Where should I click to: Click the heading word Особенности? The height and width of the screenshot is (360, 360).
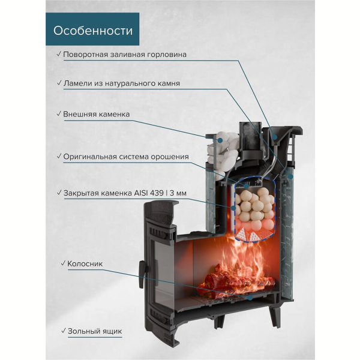click(x=93, y=31)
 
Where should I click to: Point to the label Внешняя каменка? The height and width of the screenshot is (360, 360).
click(x=97, y=114)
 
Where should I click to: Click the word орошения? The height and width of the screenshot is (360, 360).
click(x=170, y=157)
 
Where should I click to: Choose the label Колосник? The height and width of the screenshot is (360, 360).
click(x=85, y=264)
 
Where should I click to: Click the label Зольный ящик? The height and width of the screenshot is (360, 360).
click(x=95, y=331)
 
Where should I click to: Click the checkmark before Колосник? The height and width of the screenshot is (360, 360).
click(x=64, y=263)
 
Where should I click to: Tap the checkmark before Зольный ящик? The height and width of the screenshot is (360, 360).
click(x=64, y=331)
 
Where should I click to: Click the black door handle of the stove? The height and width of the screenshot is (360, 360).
click(x=142, y=275)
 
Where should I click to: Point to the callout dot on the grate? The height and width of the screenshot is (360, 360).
click(x=250, y=298)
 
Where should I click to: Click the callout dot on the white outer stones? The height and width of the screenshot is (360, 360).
click(x=220, y=140)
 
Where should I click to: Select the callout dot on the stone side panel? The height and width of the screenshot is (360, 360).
click(x=290, y=176)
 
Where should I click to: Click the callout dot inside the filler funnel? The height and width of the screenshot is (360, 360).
click(x=275, y=137)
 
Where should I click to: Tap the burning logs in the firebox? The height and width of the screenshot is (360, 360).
click(x=236, y=278)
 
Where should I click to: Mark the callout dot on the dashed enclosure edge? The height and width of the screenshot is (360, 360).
click(x=233, y=208)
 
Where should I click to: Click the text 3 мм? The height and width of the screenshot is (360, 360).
click(x=178, y=193)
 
